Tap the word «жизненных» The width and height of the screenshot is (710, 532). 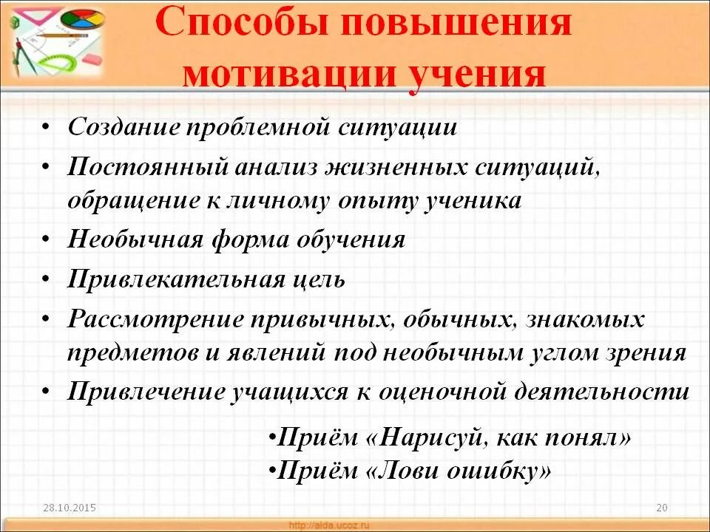[395, 166]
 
